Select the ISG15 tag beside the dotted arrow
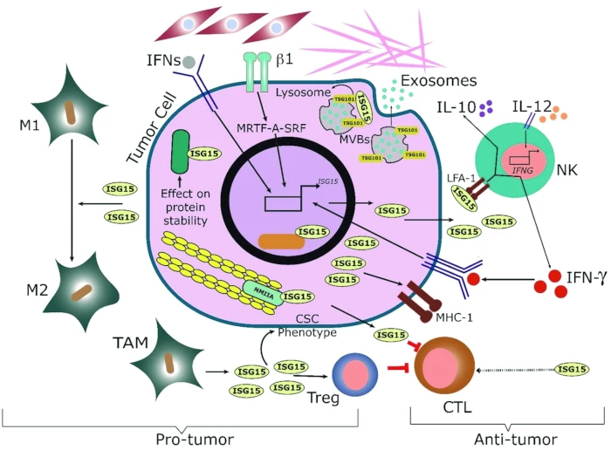[x=571, y=370]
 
